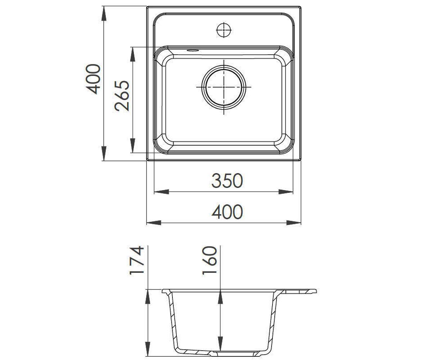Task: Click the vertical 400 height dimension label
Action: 93,79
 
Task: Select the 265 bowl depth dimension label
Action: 122,96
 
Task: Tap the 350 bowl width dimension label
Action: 227,181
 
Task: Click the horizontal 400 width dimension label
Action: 227,212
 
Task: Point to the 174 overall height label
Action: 136,260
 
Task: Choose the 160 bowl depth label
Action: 210,260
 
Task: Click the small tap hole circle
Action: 224,30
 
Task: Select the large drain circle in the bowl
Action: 224,87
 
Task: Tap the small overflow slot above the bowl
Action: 193,50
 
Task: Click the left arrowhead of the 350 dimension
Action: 162,192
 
